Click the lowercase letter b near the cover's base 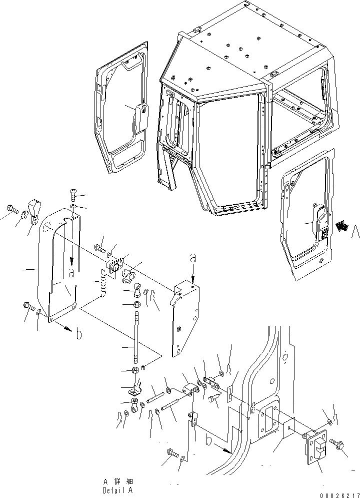click(x=78, y=335)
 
